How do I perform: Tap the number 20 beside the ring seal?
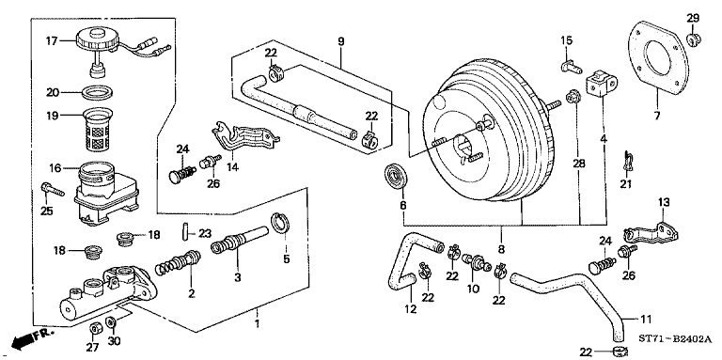click(x=54, y=92)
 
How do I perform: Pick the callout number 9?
click(x=341, y=40)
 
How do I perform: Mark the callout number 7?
click(x=657, y=116)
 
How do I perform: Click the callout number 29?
click(x=693, y=18)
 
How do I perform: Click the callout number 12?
click(x=411, y=309)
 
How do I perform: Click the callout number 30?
click(x=114, y=343)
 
